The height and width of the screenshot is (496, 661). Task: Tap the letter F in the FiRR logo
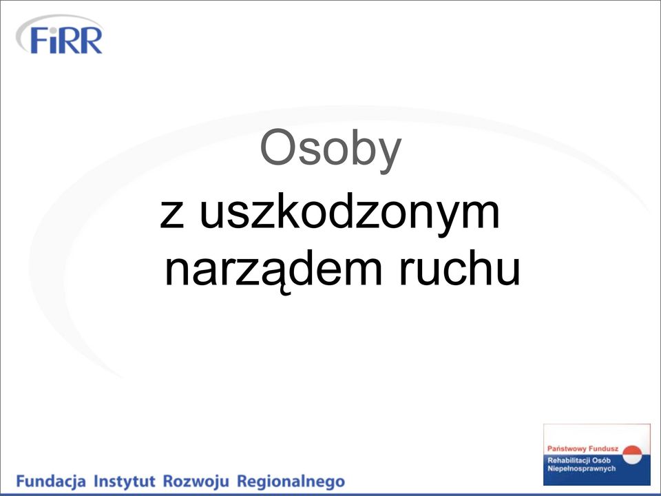point(38,41)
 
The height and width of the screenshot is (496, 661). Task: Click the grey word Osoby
point(330,149)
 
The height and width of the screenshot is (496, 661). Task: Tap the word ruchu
point(459,267)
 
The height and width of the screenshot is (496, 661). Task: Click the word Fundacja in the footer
point(51,481)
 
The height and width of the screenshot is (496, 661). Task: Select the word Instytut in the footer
point(125,480)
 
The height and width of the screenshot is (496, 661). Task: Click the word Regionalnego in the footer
point(291,482)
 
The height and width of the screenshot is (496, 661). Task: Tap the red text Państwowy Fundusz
point(583,448)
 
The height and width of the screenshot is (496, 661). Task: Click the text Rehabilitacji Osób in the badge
point(579,460)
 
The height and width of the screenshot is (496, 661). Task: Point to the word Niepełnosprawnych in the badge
point(581,468)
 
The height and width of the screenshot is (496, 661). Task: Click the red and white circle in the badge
point(632,455)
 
